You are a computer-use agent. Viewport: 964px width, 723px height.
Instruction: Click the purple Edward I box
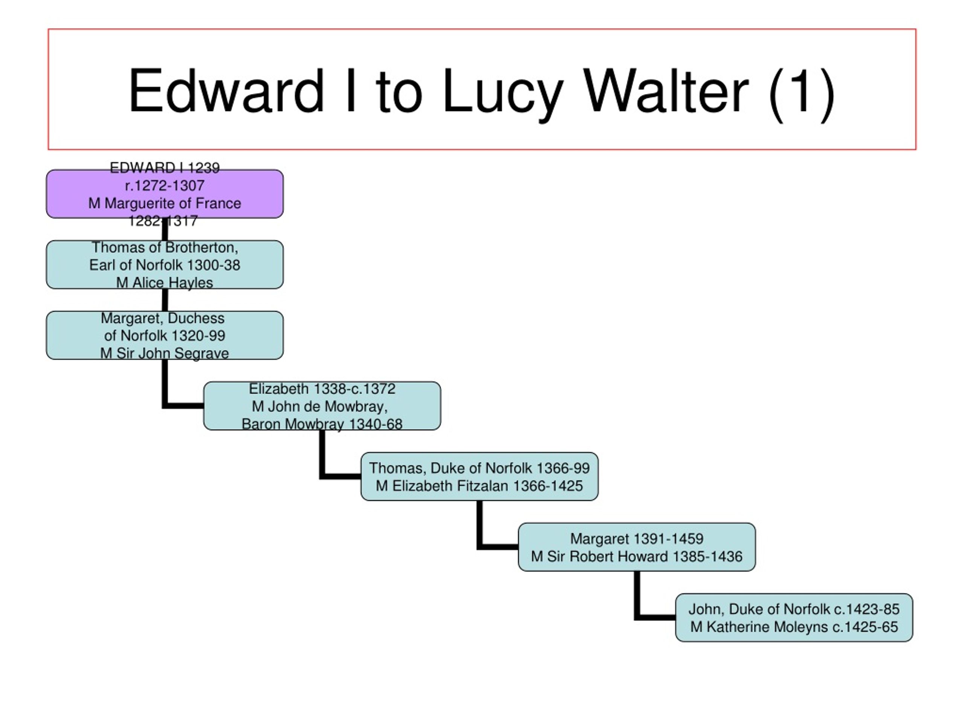pos(165,194)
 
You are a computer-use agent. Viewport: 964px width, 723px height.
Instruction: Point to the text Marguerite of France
pos(172,203)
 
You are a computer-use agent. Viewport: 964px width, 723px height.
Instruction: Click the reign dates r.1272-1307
pos(165,186)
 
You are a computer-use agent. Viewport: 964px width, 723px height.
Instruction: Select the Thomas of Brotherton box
pos(165,264)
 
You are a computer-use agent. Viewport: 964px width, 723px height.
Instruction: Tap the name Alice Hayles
pos(172,283)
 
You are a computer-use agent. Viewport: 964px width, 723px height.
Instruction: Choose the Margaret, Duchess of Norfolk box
pos(165,335)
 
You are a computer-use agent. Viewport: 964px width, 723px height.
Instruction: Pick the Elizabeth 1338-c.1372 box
pos(322,406)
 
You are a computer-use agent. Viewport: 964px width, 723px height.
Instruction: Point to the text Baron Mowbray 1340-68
pos(322,424)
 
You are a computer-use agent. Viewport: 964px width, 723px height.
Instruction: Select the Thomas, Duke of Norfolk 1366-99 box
pos(479,476)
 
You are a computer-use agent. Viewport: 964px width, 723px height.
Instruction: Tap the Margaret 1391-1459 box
pos(637,547)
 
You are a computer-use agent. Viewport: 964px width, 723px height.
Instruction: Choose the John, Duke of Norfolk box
pos(794,618)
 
